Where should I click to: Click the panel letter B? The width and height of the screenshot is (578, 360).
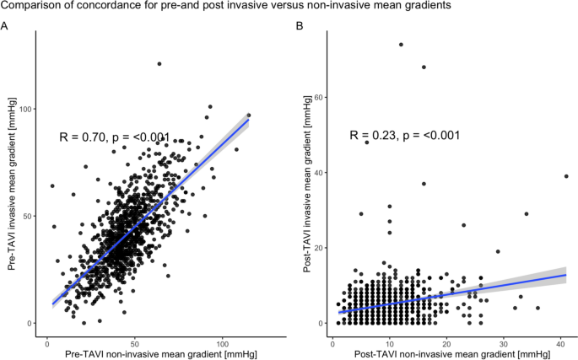coord(298,26)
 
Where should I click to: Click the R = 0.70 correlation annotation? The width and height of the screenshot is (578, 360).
coord(115,137)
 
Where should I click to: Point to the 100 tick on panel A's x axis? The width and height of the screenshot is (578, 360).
coord(223,343)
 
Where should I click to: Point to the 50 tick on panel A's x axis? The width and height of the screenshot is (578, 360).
coord(134,343)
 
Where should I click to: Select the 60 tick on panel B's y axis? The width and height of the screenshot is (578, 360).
coord(321,97)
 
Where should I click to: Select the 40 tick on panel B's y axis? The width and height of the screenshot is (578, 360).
coord(321,172)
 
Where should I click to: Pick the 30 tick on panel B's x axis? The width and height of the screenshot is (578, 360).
coord(503,343)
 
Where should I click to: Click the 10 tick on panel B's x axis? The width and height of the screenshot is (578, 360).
coord(390,343)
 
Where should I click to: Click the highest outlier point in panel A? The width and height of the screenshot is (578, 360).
coord(159,64)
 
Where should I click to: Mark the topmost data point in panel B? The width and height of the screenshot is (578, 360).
coord(401,45)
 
